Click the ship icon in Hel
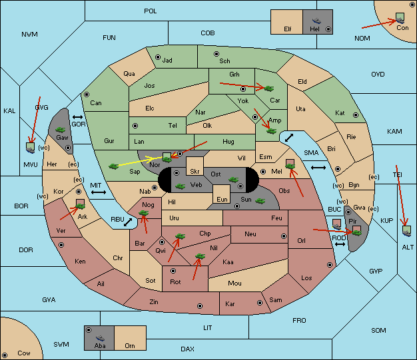click(316, 21)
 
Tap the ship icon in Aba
click(100, 338)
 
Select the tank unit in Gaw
click(61, 130)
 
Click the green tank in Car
click(269, 89)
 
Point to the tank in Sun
click(260, 201)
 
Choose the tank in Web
click(181, 186)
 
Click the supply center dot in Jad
click(158, 57)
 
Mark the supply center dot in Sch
click(216, 54)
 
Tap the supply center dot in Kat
click(356, 115)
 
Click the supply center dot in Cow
click(5, 355)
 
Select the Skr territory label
click(195, 172)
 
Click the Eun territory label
click(222, 199)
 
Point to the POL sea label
click(151, 11)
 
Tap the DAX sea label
click(187, 349)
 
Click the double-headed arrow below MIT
click(99, 192)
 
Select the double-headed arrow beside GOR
click(78, 117)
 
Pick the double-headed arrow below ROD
click(340, 244)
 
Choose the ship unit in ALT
click(406, 231)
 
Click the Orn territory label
click(130, 345)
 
